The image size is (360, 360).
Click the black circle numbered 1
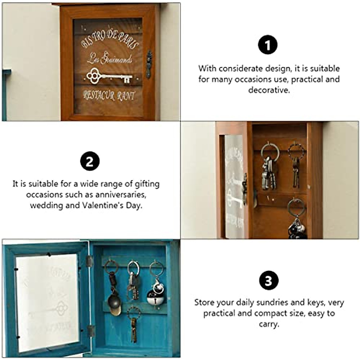(268, 45)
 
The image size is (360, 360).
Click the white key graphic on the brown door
(109, 76)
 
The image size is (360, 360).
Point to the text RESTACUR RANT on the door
(109, 96)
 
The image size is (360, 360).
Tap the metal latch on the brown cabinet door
(149, 64)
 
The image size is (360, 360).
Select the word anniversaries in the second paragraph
(121, 194)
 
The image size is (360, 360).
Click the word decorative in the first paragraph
(269, 90)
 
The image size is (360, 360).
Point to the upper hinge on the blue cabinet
(88, 261)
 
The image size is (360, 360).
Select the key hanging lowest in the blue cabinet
(133, 325)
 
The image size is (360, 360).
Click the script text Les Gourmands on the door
(109, 59)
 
